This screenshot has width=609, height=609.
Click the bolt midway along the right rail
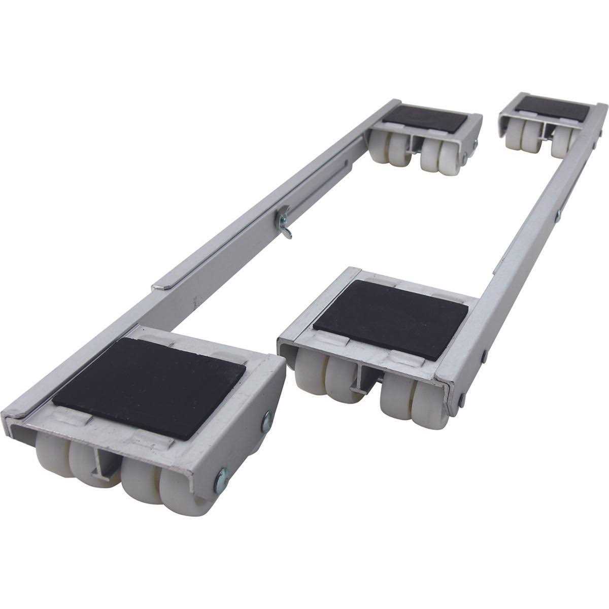coord(557,216)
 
